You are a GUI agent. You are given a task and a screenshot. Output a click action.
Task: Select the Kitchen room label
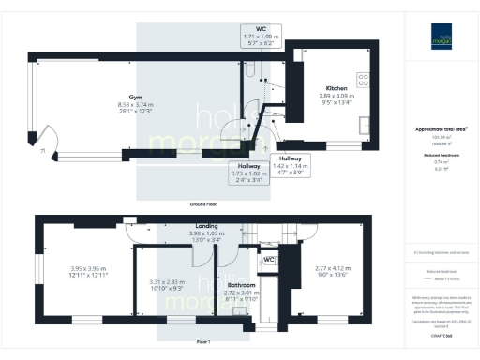tap(336, 87)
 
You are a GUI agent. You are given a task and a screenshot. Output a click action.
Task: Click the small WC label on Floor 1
tap(268, 260)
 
